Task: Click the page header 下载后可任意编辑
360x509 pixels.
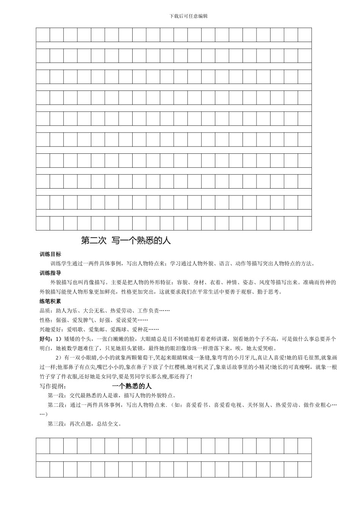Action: click(188, 16)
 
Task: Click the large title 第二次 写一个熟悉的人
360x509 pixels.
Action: click(126, 240)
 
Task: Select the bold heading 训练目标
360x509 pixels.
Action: click(50, 254)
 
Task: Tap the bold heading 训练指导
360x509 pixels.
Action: click(50, 273)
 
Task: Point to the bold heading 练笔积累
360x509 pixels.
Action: click(50, 301)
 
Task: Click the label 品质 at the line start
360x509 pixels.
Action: click(45, 311)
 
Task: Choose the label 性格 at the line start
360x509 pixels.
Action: click(45, 320)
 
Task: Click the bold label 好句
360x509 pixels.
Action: click(45, 339)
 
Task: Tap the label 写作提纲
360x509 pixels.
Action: click(53, 386)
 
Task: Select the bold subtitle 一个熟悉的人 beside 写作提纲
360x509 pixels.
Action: click(132, 386)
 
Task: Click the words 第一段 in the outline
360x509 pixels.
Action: click(56, 396)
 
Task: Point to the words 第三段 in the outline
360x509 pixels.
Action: click(56, 424)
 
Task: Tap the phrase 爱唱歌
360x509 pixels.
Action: click(74, 329)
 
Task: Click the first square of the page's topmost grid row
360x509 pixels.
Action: click(43, 34)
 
